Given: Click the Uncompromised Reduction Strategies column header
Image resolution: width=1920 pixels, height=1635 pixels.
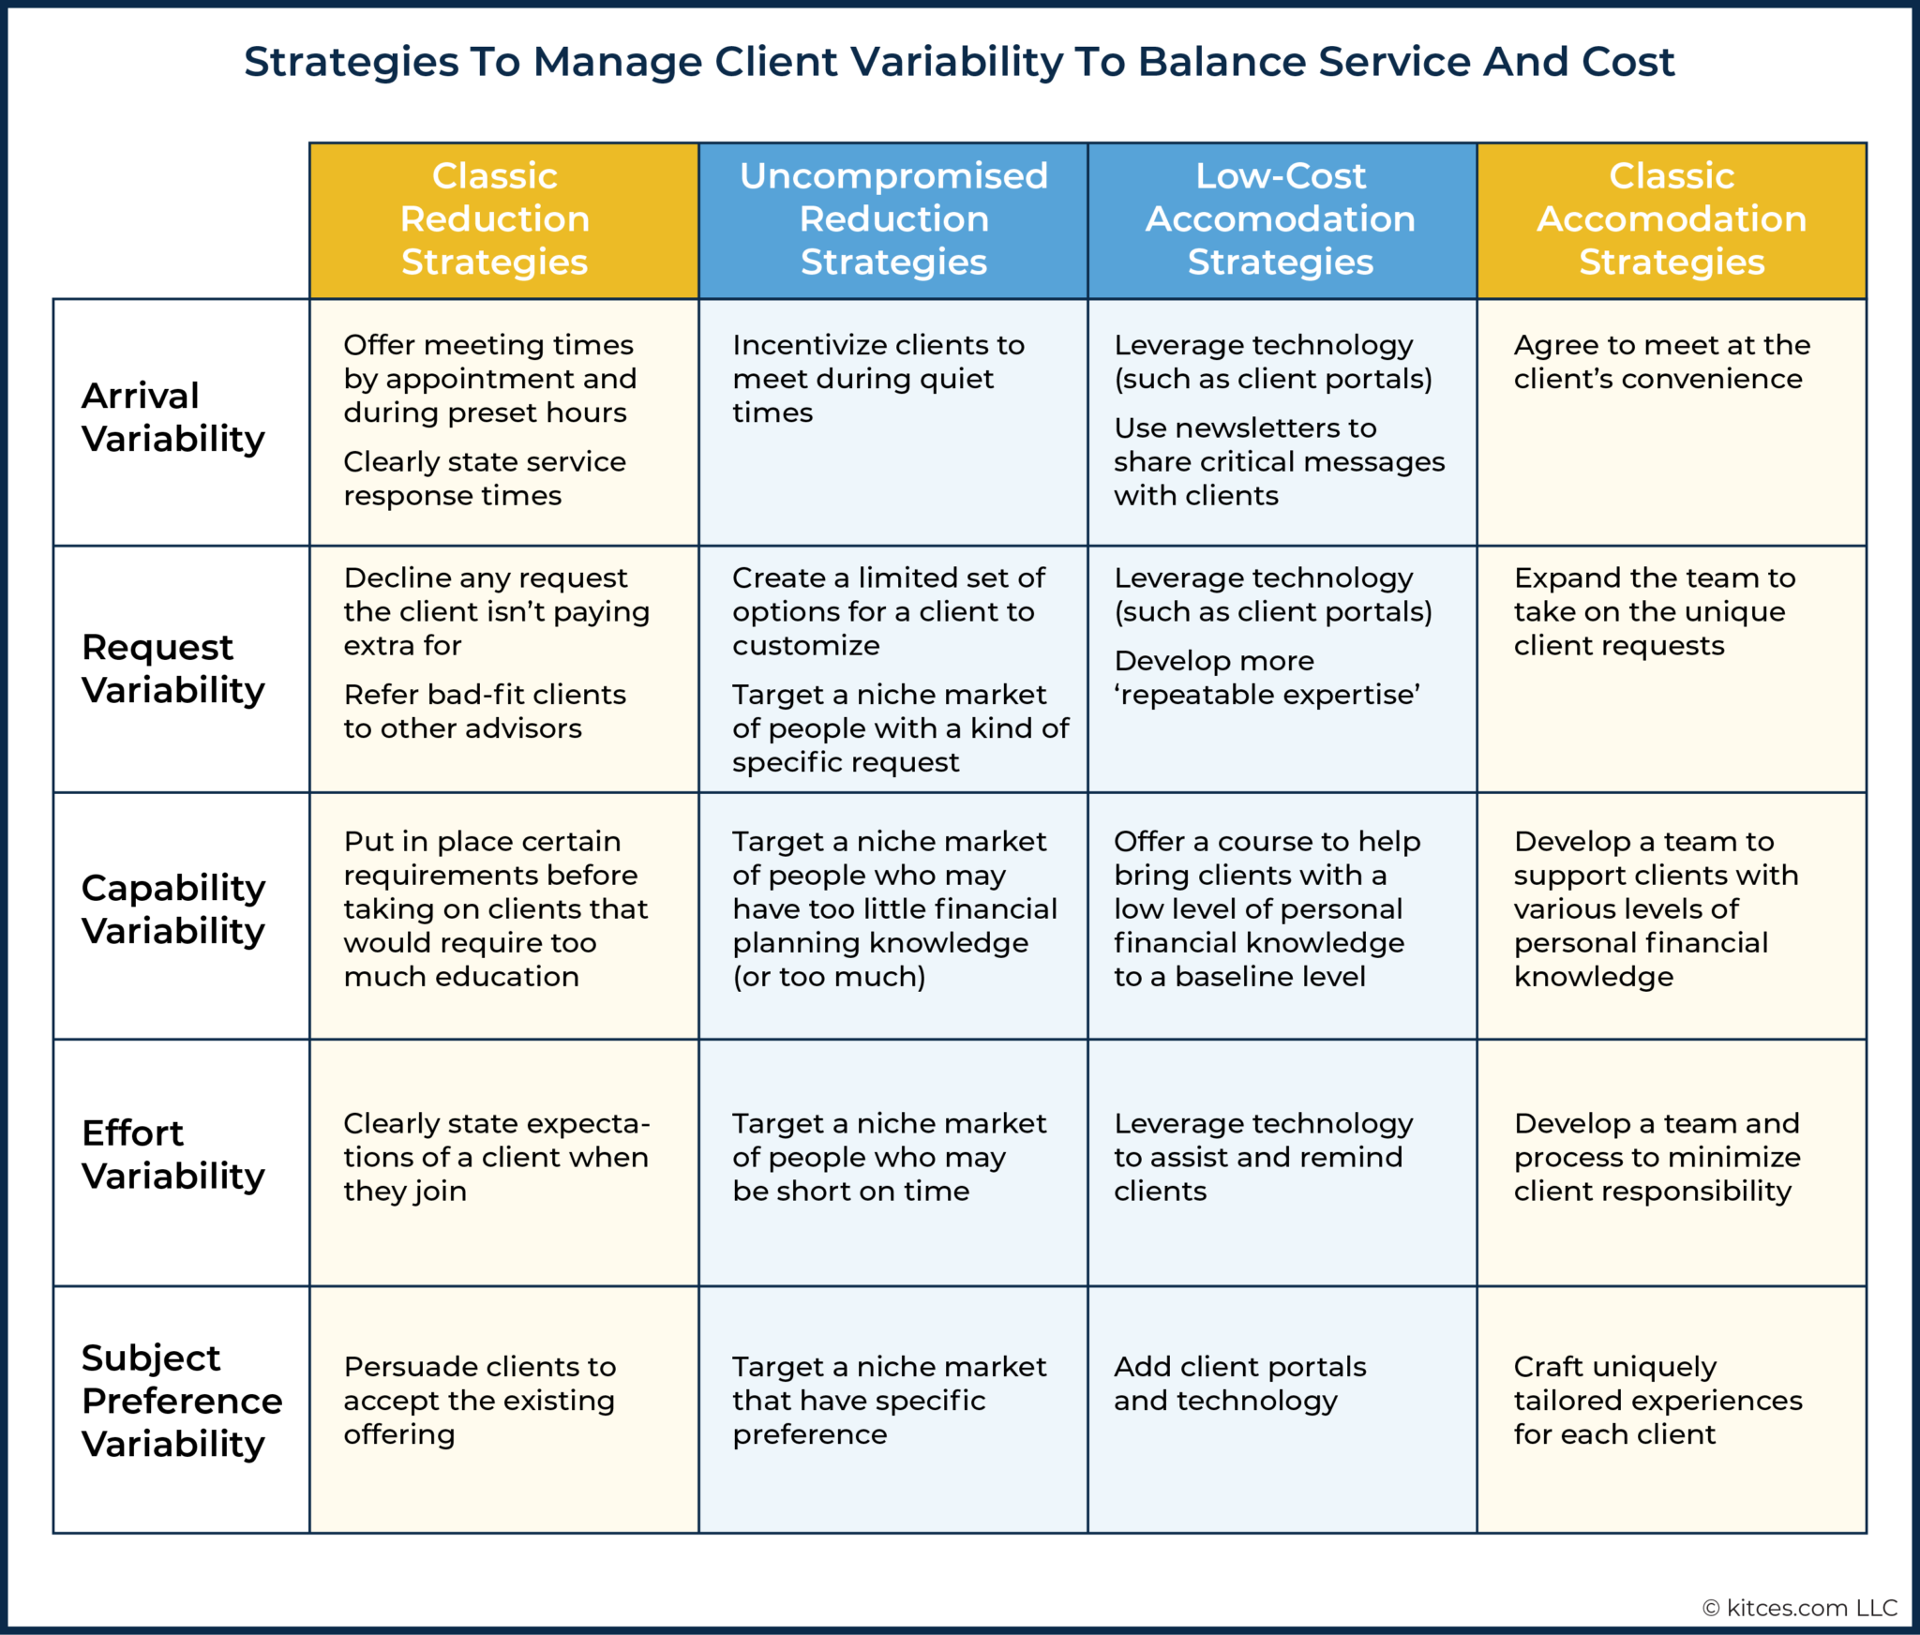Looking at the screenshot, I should [892, 219].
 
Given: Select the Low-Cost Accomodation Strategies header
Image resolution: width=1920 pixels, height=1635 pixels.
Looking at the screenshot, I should [1281, 219].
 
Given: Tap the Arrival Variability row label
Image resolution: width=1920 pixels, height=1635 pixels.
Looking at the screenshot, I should [172, 417].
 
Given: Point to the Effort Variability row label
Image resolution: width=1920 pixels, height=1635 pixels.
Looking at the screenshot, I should [172, 1154].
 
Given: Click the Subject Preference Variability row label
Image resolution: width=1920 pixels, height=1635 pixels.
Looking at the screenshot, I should [180, 1401].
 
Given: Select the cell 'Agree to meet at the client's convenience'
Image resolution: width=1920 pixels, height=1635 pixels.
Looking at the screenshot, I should [1660, 362].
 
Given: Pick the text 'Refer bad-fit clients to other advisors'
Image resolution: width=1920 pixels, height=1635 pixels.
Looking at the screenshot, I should [483, 712].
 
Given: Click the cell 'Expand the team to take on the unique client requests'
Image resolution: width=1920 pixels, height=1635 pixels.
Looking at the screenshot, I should [1654, 611].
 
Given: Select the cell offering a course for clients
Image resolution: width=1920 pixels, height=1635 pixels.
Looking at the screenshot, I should [1266, 908].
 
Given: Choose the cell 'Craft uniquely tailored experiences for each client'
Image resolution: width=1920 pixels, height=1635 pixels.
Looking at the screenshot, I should [1657, 1400].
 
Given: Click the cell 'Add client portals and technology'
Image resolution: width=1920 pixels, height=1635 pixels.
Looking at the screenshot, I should [1239, 1383].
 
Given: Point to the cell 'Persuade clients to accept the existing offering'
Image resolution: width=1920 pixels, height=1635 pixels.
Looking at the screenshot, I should [479, 1400].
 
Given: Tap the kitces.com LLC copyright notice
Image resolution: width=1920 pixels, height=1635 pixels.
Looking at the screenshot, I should [1799, 1608].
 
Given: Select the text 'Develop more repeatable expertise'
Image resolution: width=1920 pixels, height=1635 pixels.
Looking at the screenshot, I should [1266, 678].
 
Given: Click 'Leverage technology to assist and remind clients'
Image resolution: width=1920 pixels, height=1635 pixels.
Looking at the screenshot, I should [1262, 1157].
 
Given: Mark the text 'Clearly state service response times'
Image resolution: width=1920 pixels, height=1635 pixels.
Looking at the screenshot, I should [483, 478].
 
